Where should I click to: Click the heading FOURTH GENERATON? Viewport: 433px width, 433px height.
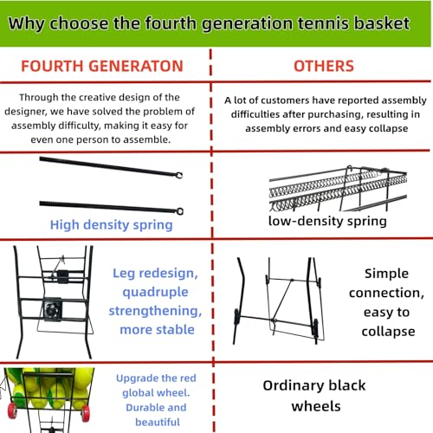(102, 66)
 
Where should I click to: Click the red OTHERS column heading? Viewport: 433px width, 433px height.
(324, 66)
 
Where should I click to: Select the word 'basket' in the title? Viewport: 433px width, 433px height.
(382, 23)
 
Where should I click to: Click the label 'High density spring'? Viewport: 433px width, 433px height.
(112, 225)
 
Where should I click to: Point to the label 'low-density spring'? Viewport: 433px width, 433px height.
(327, 221)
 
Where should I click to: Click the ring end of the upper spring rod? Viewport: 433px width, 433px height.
(179, 175)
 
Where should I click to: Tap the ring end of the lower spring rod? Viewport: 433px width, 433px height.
(179, 211)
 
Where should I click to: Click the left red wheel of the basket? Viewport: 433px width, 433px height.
(12, 410)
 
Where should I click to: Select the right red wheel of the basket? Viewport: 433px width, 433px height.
(86, 414)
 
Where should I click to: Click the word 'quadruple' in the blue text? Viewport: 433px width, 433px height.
(155, 292)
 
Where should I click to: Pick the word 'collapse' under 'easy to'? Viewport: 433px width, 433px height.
(388, 332)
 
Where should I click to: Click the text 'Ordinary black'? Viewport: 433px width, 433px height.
(314, 385)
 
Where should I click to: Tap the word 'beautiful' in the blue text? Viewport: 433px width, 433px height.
(158, 422)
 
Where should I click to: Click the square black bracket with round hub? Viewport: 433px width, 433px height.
(52, 309)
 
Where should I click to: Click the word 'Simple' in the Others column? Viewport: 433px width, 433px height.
(386, 274)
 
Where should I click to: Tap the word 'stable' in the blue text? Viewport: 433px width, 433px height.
(176, 329)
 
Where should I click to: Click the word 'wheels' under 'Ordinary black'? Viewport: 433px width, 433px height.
(316, 406)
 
